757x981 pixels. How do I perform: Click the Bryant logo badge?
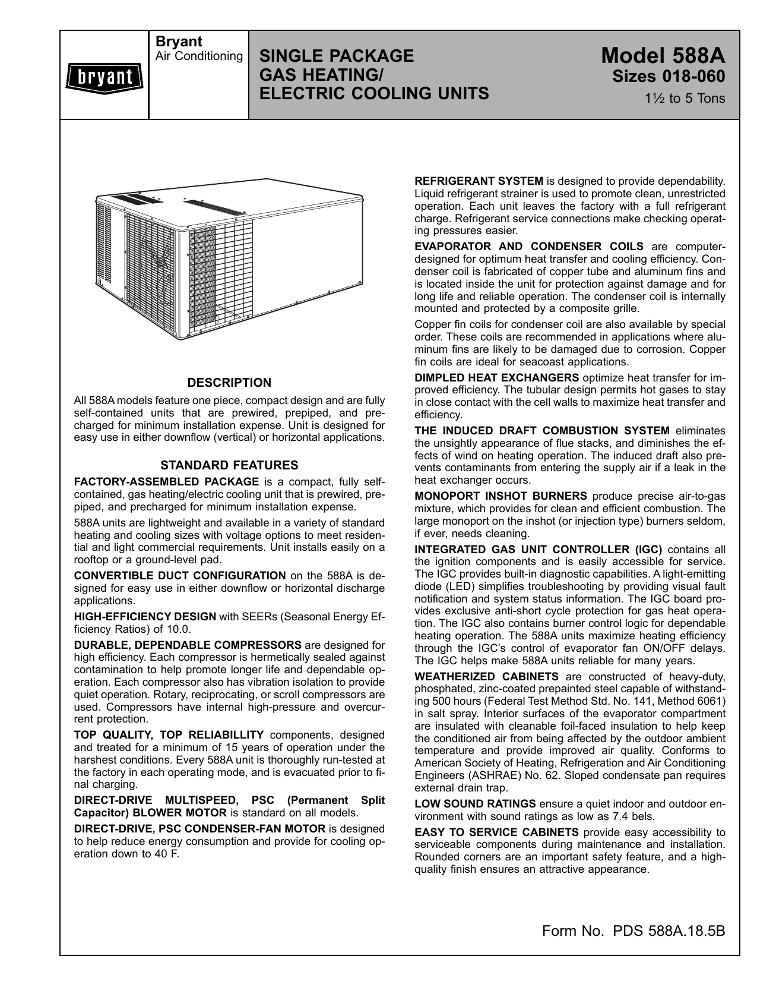click(x=103, y=77)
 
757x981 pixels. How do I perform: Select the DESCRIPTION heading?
click(x=229, y=383)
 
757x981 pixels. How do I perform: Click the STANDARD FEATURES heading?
click(x=229, y=465)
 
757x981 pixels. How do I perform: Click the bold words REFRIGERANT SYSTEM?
click(x=479, y=181)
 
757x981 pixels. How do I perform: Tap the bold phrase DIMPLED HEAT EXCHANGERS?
click(x=496, y=377)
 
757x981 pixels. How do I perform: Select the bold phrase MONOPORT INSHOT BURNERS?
click(x=501, y=496)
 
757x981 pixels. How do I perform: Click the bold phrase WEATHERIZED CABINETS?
click(x=486, y=676)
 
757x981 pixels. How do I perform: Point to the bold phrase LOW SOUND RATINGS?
click(x=475, y=804)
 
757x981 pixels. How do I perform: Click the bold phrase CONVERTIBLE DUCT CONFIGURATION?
click(x=180, y=575)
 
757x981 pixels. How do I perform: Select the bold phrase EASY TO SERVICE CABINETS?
click(x=496, y=832)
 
